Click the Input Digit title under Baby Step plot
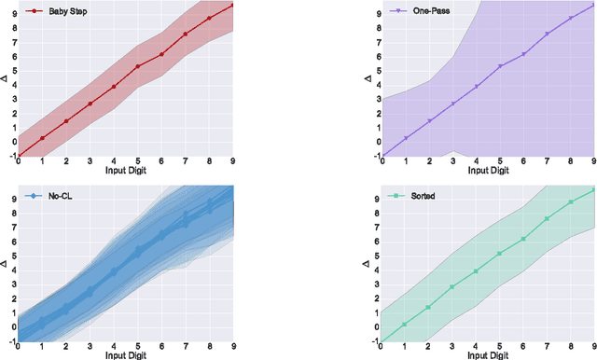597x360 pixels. click(125, 172)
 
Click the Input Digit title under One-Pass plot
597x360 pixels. click(488, 172)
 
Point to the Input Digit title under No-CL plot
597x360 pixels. click(125, 354)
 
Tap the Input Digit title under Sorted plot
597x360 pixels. click(488, 354)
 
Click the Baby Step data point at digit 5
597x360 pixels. click(137, 66)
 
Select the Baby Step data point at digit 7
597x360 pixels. click(185, 35)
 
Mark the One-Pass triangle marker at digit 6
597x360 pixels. click(523, 54)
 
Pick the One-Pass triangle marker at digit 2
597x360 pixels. click(428, 120)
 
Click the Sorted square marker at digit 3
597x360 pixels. click(452, 286)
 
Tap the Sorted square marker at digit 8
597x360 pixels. click(571, 201)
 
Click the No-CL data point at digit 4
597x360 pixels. click(114, 271)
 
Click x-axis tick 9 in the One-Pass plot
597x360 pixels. click(593, 162)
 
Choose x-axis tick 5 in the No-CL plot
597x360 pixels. click(137, 346)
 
